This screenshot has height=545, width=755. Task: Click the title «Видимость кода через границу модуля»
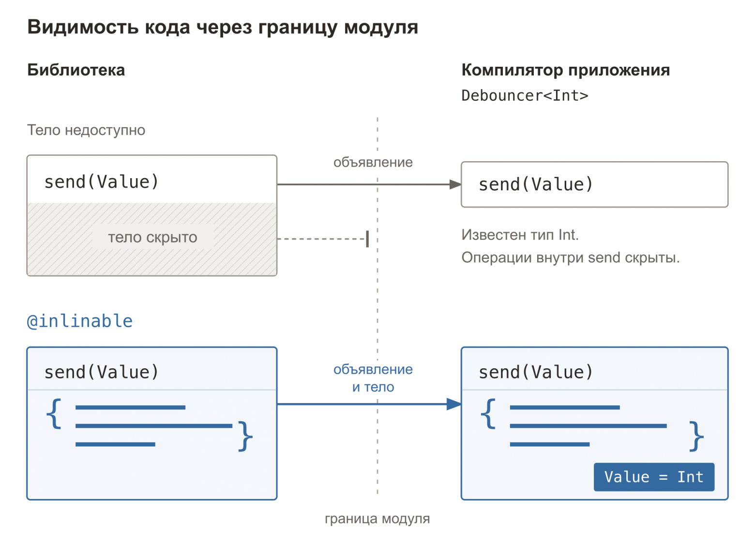[x=223, y=28]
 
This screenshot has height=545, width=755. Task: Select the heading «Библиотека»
[x=76, y=70]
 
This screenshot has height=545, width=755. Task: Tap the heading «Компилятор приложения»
[x=565, y=70]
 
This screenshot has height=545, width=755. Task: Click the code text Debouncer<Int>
[x=525, y=96]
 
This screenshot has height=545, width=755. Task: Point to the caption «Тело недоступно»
[x=86, y=130]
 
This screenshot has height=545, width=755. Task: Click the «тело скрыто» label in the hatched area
[x=152, y=237]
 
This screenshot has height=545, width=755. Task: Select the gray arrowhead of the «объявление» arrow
[x=455, y=184]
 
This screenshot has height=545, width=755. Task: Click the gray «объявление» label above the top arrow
[x=373, y=162]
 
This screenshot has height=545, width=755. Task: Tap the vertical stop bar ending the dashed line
[x=367, y=239]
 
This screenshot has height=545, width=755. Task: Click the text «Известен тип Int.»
[x=520, y=235]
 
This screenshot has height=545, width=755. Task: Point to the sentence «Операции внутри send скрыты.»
[x=570, y=258]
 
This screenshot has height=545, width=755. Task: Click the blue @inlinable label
[x=80, y=321]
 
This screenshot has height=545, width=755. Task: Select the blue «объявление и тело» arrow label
[x=373, y=378]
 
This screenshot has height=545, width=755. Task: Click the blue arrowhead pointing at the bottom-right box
[x=454, y=404]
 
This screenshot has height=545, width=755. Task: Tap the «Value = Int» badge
[x=654, y=477]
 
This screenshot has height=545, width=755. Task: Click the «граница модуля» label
[x=377, y=519]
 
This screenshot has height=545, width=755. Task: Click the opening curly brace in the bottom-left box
[x=54, y=413]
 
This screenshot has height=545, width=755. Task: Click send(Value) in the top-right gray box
[x=536, y=184]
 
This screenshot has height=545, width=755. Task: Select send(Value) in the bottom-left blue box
[x=101, y=372]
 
